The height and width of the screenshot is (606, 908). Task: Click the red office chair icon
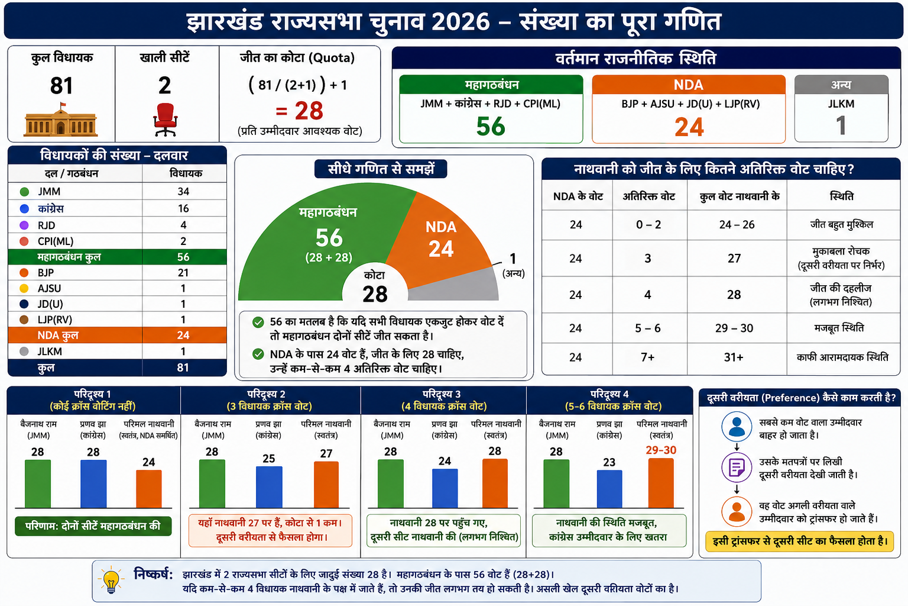pyautogui.click(x=166, y=120)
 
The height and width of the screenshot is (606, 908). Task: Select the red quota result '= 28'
pyautogui.click(x=299, y=111)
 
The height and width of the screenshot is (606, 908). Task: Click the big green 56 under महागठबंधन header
pyautogui.click(x=491, y=126)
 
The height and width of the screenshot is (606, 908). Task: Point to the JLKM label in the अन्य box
pyautogui.click(x=841, y=104)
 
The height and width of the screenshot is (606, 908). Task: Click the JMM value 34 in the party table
pyautogui.click(x=183, y=191)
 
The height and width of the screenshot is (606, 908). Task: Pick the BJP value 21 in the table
pyautogui.click(x=183, y=272)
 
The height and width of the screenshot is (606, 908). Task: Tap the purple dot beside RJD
pyautogui.click(x=24, y=225)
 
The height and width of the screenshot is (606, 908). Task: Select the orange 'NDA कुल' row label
pyautogui.click(x=58, y=336)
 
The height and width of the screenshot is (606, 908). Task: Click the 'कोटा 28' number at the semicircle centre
pyautogui.click(x=375, y=294)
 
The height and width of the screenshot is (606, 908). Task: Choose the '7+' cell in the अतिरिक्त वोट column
pyautogui.click(x=648, y=357)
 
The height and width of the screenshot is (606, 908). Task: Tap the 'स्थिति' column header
pyautogui.click(x=842, y=196)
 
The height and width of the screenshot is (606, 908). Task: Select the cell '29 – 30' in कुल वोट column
pyautogui.click(x=734, y=328)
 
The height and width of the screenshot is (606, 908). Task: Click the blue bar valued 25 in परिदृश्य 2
pyautogui.click(x=269, y=487)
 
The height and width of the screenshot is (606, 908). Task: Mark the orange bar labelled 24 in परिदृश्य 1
pyautogui.click(x=149, y=489)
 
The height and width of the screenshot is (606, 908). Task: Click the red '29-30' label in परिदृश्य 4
pyautogui.click(x=661, y=450)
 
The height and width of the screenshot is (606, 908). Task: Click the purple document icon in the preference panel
pyautogui.click(x=737, y=468)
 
